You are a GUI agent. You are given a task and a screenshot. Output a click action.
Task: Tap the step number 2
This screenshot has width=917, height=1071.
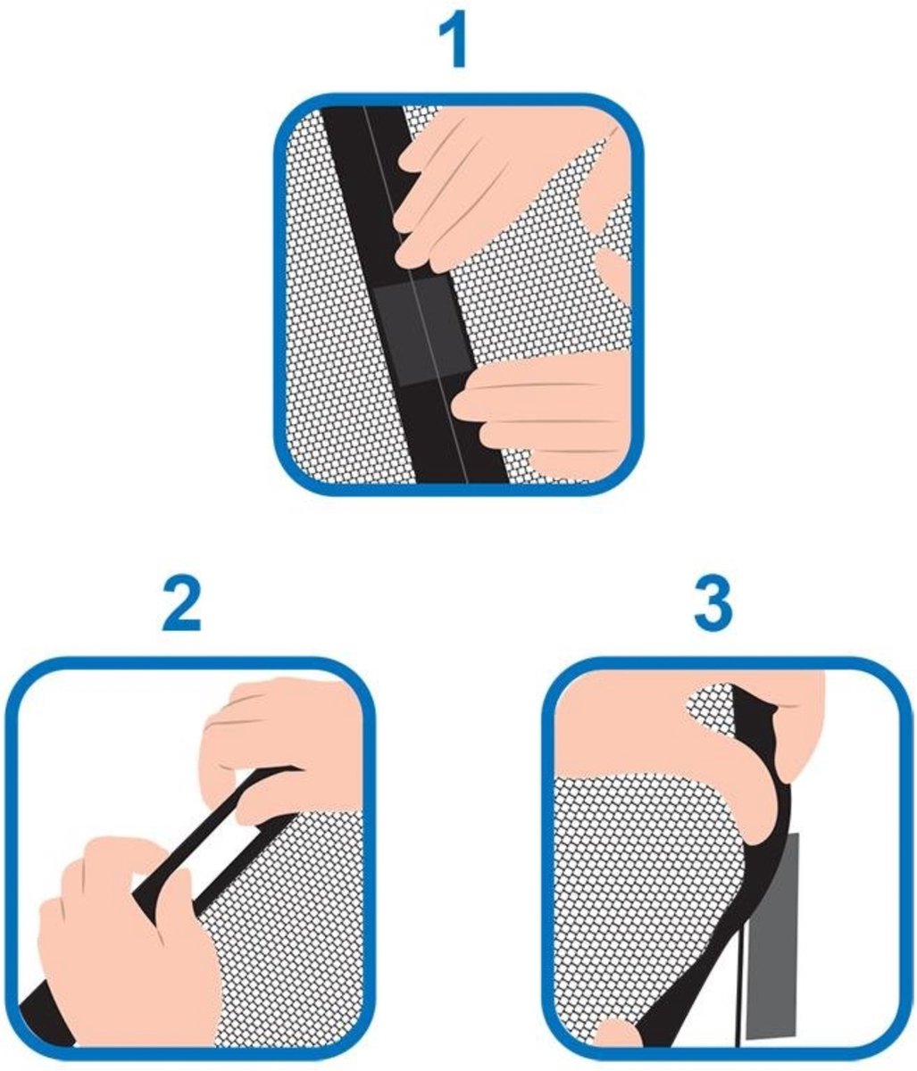click(181, 605)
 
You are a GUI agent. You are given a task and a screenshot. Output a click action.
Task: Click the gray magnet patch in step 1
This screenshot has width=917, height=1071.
click(422, 332)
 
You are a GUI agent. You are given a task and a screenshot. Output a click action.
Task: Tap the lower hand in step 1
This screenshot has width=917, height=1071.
click(545, 414)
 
